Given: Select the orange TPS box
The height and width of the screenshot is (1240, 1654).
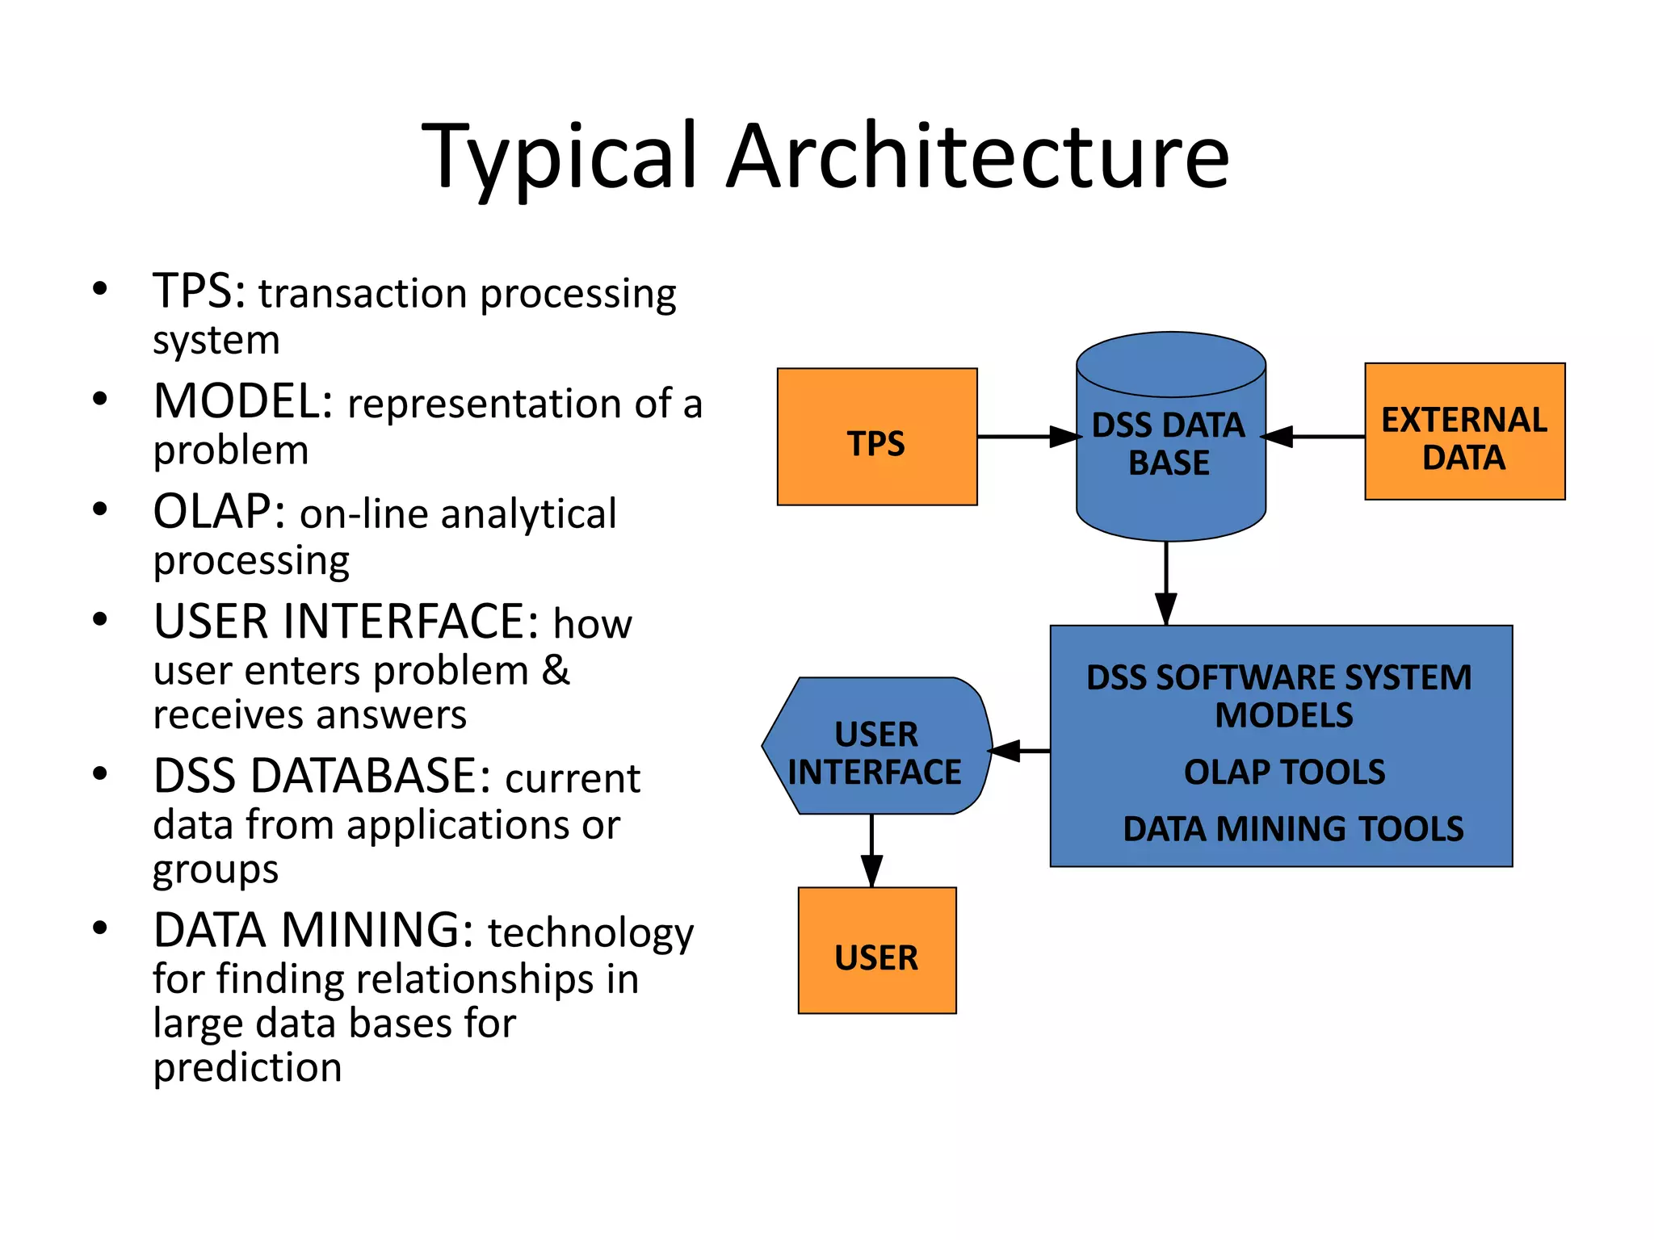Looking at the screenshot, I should click(877, 437).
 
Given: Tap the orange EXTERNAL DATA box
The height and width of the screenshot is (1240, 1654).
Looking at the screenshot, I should click(1464, 432).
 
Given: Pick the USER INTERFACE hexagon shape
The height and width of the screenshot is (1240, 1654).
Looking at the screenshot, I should click(876, 746).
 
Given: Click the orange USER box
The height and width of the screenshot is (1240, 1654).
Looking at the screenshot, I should click(876, 950).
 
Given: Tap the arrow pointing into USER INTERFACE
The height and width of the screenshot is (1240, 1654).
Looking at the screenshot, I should click(1020, 751).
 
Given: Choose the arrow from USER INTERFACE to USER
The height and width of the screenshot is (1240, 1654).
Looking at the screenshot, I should click(871, 851).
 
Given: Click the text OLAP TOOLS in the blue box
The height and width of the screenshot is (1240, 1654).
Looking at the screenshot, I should click(1284, 773).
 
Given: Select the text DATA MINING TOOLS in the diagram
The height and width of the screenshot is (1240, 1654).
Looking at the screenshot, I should click(1293, 829).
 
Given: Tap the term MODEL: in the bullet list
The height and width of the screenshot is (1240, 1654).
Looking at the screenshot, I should click(243, 401).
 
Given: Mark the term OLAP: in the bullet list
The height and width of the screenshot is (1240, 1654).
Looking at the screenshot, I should click(219, 512).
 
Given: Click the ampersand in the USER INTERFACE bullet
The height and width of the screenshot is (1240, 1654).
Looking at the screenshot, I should click(556, 670).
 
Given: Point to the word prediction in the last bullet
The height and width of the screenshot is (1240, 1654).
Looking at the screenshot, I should click(247, 1067).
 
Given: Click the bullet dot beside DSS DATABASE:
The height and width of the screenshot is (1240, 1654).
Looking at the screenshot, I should click(99, 774).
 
